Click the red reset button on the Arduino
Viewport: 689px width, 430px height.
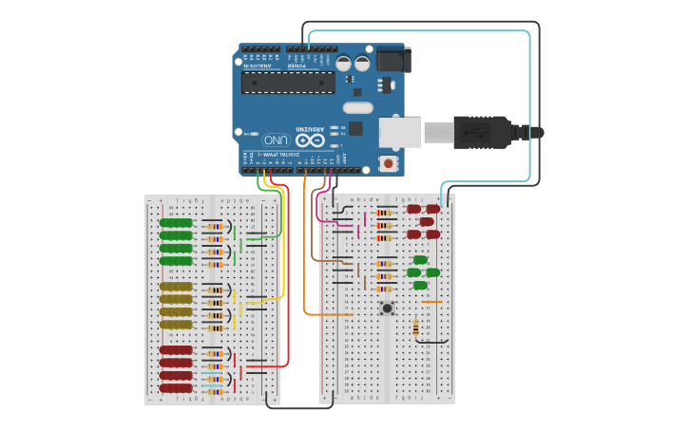(x=388, y=163)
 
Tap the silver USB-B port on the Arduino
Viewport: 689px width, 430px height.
(x=400, y=132)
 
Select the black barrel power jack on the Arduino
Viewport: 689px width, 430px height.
(x=391, y=60)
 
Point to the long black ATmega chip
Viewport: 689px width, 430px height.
(x=287, y=83)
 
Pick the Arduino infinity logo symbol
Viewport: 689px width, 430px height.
(x=316, y=139)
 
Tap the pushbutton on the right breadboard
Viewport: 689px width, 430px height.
(x=388, y=308)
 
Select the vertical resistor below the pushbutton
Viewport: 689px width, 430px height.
(x=416, y=327)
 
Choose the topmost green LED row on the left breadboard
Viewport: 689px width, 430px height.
(x=176, y=223)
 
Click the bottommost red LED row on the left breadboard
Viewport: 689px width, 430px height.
(x=176, y=387)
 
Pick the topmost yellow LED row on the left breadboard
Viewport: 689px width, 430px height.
(x=176, y=286)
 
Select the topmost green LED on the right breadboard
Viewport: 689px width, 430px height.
(x=420, y=259)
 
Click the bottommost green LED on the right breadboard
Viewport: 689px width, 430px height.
(x=420, y=284)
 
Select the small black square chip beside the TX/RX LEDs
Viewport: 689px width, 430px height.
(x=355, y=128)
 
